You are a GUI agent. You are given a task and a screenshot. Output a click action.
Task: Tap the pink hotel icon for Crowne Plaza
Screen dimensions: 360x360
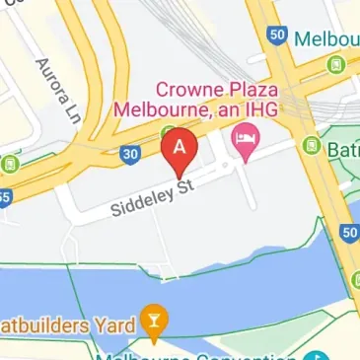click(x=242, y=142)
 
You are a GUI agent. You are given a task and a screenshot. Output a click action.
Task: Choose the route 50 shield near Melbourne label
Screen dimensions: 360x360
click(x=276, y=35)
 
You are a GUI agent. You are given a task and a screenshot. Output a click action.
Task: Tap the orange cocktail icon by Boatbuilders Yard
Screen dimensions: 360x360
click(x=153, y=318)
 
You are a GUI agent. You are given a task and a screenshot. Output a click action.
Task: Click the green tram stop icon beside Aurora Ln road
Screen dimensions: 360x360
click(x=12, y=163)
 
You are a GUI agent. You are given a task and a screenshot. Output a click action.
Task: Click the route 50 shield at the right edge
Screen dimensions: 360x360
click(x=350, y=232)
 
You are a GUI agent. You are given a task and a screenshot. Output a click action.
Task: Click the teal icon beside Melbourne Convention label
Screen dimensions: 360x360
click(x=315, y=356)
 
